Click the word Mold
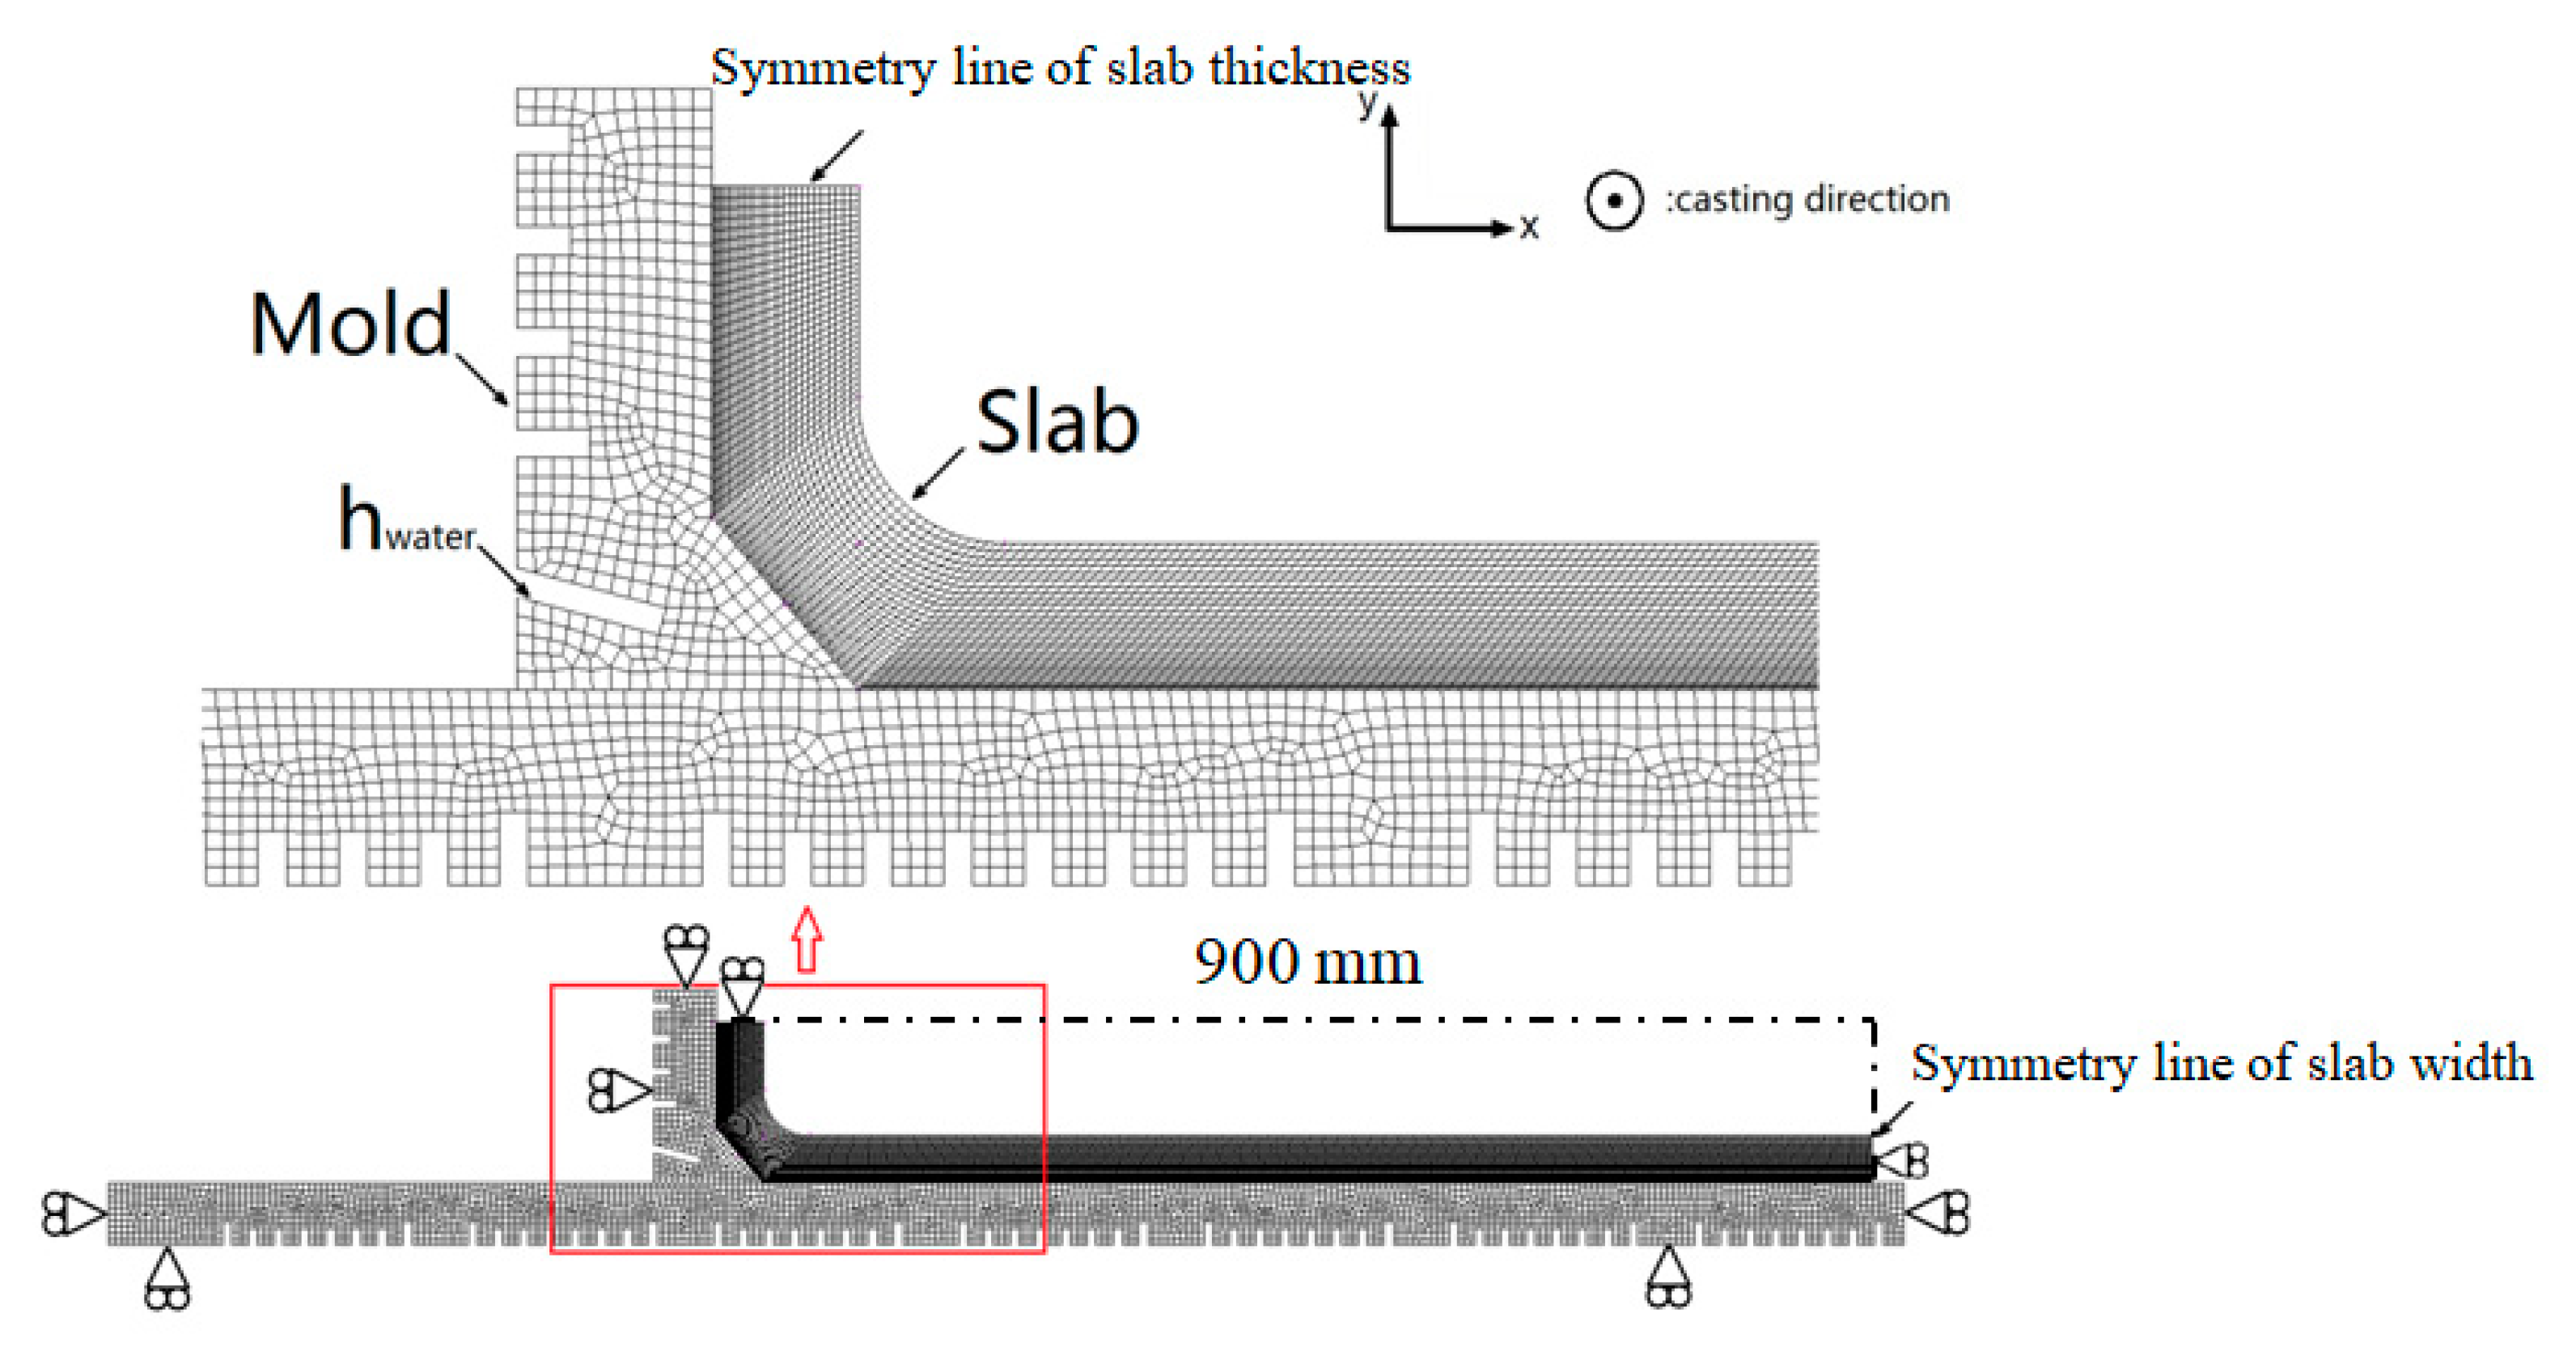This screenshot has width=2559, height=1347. coord(350,325)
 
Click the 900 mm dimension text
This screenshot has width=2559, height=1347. coord(1307,963)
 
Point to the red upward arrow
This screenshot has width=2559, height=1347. coord(807,938)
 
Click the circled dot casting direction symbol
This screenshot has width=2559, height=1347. coord(1614,201)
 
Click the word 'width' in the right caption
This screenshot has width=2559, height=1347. coord(2473,1063)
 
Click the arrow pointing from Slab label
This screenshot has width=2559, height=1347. coord(937,474)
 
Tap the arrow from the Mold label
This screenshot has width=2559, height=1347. coord(483,379)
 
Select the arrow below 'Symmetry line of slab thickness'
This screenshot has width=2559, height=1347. coord(837,157)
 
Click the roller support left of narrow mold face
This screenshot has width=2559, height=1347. coord(619,1091)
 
